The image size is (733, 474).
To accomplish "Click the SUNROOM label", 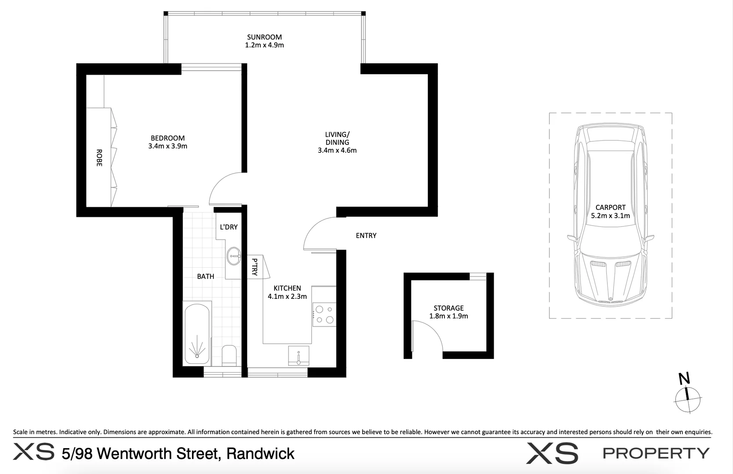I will (264, 37).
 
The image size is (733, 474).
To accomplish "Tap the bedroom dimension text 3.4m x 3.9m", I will (168, 146).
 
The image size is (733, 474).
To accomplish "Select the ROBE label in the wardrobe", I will (99, 158).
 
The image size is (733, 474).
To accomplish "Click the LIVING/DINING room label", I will (337, 138).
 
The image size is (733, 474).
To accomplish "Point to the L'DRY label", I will (228, 227).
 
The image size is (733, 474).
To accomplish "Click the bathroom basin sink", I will (234, 255).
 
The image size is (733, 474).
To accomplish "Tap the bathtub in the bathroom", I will (197, 334).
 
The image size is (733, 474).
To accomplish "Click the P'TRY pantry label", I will (255, 267).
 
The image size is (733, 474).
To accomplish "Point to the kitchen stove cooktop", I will (324, 314).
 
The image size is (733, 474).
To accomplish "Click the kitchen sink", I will (299, 355).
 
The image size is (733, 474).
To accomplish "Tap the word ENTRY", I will (366, 236).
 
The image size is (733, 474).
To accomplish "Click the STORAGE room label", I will (448, 308).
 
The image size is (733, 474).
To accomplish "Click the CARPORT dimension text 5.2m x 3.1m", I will (610, 215).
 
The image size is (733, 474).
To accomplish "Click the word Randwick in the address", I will (260, 453).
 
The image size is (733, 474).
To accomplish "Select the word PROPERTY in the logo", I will (656, 453).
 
